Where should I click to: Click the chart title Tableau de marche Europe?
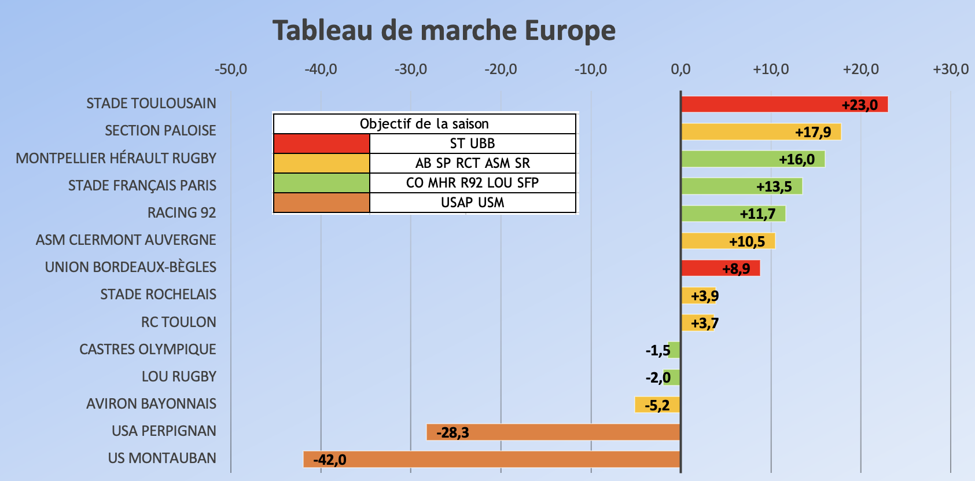pyautogui.click(x=444, y=31)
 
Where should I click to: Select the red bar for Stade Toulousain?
pyautogui.click(x=784, y=104)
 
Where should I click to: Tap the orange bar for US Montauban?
pyautogui.click(x=492, y=460)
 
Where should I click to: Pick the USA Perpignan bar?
pyautogui.click(x=553, y=432)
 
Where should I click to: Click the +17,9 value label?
pyautogui.click(x=812, y=132)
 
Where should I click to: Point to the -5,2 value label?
pyautogui.click(x=657, y=405)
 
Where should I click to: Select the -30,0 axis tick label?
pyautogui.click(x=410, y=69)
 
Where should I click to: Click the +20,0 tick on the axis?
pyautogui.click(x=860, y=69)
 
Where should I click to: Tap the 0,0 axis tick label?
pyautogui.click(x=680, y=69)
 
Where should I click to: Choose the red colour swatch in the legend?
pyautogui.click(x=321, y=144)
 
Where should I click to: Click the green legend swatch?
pyautogui.click(x=321, y=183)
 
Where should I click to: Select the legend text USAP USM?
pyautogui.click(x=472, y=203)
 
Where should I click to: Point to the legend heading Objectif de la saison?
pyautogui.click(x=424, y=124)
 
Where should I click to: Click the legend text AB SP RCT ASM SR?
pyautogui.click(x=472, y=163)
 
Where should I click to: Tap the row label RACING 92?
pyautogui.click(x=181, y=212)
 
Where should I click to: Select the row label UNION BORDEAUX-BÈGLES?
pyautogui.click(x=130, y=267)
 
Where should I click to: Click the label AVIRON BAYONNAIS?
pyautogui.click(x=151, y=403)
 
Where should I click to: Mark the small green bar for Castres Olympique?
pyautogui.click(x=675, y=350)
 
